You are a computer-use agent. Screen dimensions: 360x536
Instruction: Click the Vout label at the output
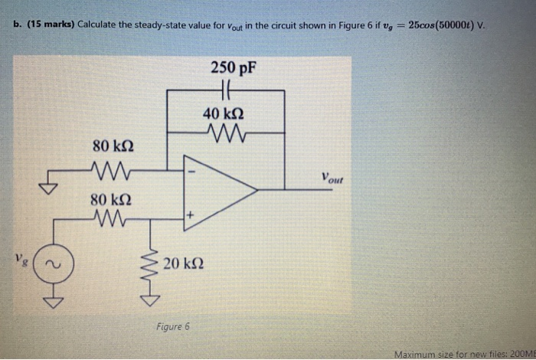tap(332, 180)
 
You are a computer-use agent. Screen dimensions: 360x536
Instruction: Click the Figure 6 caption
tap(172, 326)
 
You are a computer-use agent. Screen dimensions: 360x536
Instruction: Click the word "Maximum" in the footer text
tap(417, 354)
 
